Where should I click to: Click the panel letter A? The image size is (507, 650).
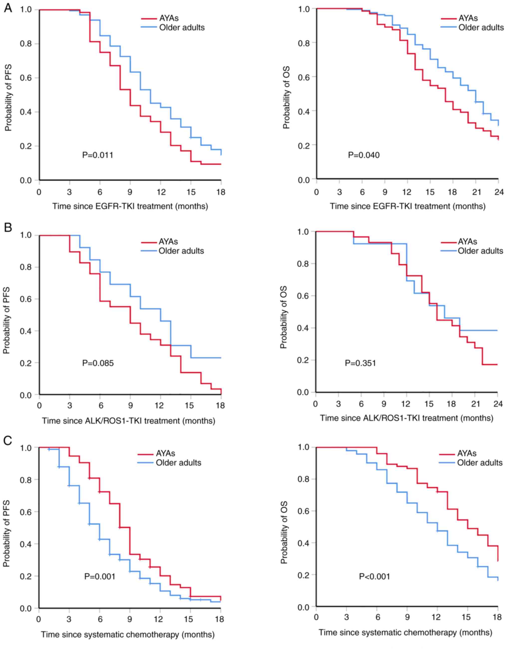(x=8, y=8)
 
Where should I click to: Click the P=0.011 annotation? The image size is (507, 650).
(x=98, y=155)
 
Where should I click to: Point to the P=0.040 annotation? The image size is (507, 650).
(x=364, y=155)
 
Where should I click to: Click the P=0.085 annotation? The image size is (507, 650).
(x=98, y=363)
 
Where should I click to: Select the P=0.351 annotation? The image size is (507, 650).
(x=361, y=363)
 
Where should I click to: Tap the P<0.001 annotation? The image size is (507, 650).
(x=375, y=576)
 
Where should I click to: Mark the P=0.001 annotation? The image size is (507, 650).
(x=100, y=576)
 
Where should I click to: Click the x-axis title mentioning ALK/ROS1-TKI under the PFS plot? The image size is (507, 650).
(x=128, y=421)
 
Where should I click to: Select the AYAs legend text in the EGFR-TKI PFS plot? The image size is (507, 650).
(x=169, y=18)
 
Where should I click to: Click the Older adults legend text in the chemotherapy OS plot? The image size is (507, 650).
(x=480, y=463)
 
